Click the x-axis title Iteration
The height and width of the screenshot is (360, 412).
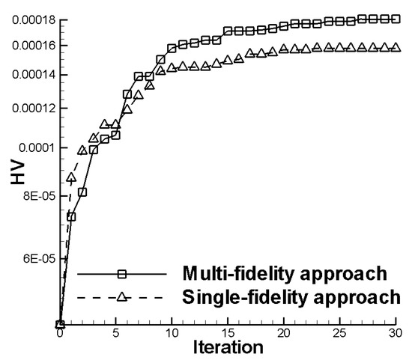click(228, 347)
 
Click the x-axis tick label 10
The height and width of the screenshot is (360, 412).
click(172, 332)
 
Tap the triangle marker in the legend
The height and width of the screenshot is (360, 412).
click(121, 296)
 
